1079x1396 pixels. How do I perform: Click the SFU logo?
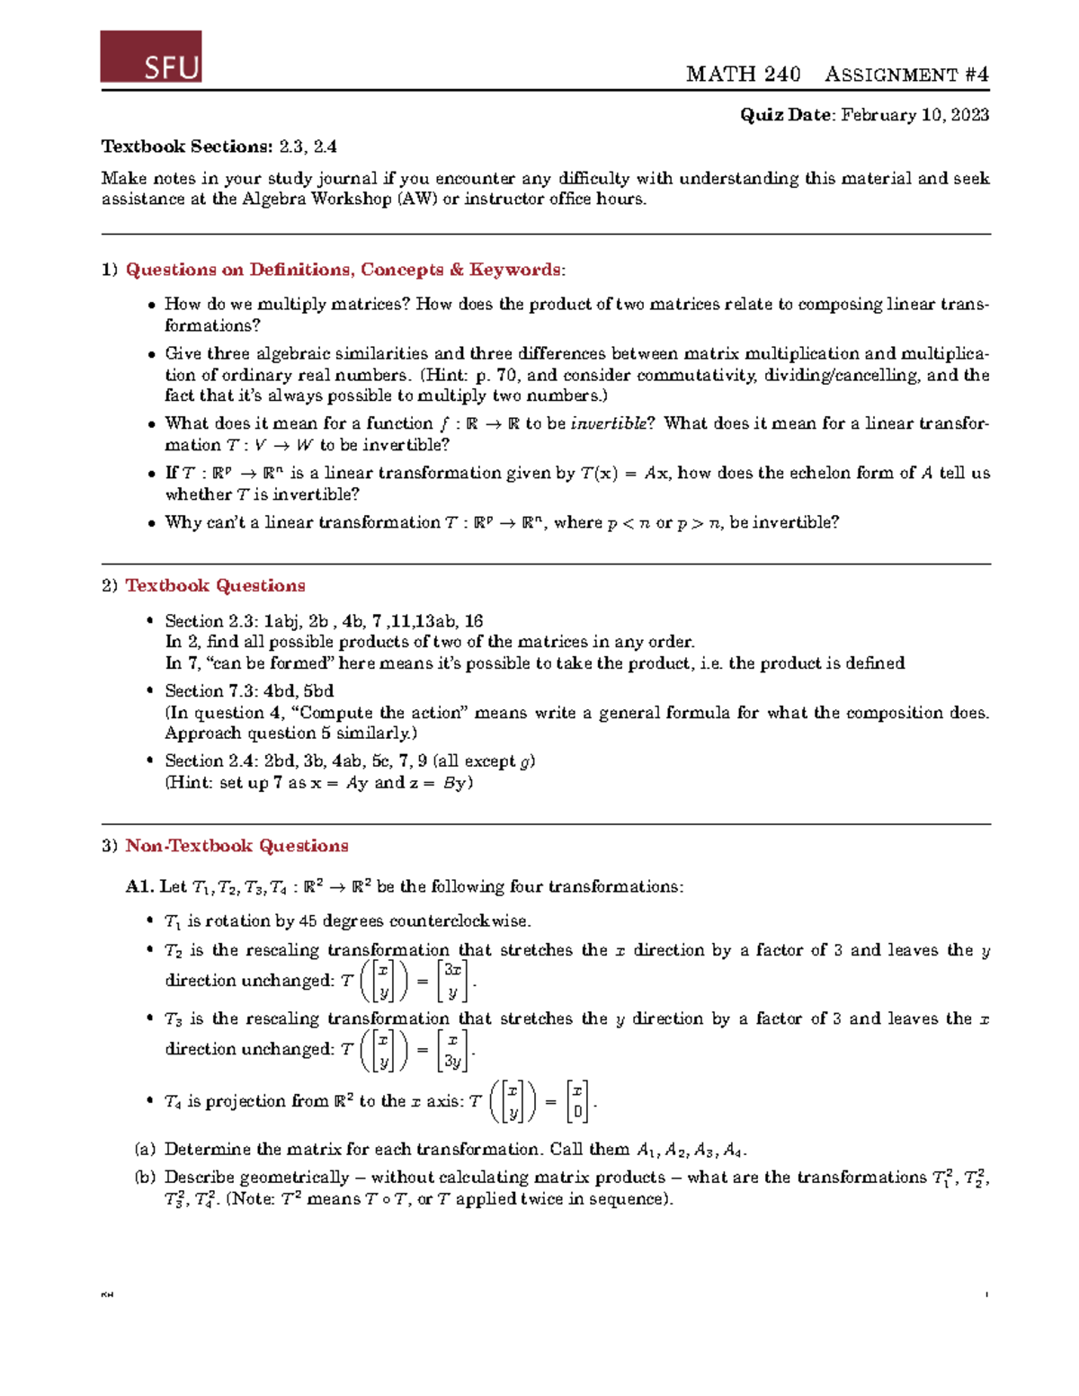(151, 57)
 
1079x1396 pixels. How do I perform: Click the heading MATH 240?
(743, 75)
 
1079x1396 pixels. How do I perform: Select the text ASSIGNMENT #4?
(906, 75)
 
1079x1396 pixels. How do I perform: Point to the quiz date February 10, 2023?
(914, 115)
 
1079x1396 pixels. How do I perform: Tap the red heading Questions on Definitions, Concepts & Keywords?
(344, 270)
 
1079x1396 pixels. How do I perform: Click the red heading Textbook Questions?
(215, 586)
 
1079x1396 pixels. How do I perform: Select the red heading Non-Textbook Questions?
(236, 846)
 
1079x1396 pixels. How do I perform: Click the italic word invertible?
(608, 423)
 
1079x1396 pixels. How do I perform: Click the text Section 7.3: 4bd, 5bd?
(249, 691)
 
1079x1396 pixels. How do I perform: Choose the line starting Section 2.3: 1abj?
(324, 621)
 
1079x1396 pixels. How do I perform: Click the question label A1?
(139, 887)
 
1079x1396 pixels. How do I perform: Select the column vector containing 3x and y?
(453, 981)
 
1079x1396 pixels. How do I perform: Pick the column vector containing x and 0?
(577, 1102)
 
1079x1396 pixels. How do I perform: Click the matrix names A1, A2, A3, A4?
(690, 1151)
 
